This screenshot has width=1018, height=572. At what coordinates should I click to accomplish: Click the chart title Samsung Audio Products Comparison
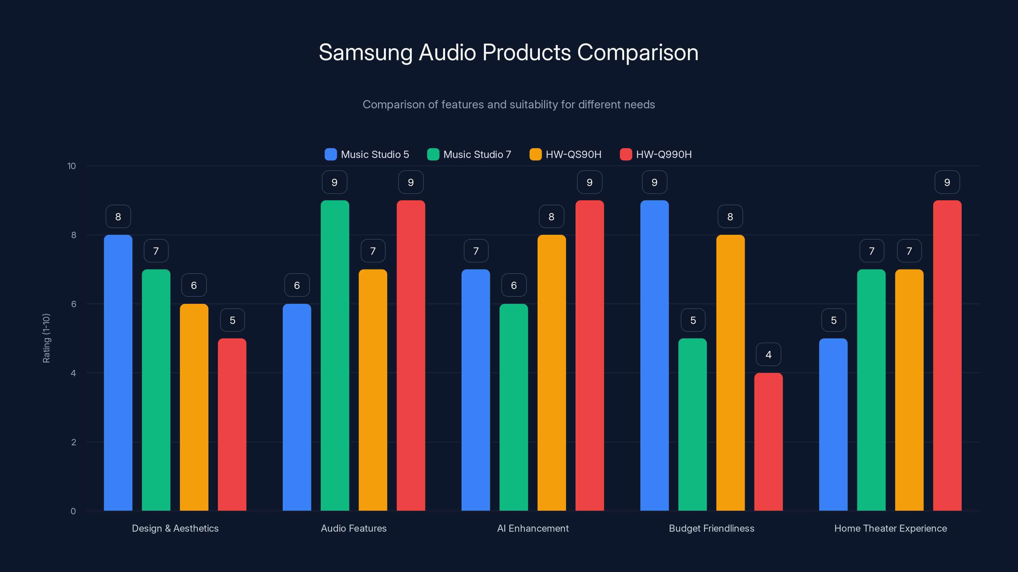coord(509,52)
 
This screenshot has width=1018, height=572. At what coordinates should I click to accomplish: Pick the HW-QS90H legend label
coord(573,154)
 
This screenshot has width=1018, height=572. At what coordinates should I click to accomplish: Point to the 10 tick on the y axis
coord(72,166)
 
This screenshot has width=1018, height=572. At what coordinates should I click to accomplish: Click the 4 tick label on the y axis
coord(73,373)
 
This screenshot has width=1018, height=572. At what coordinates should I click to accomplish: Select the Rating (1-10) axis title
coord(46,338)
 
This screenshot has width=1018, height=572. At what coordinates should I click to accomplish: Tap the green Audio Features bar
coord(335,355)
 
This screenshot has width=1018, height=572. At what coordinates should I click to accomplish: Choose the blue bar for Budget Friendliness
coord(654,355)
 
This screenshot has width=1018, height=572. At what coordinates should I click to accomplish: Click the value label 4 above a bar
coord(768,355)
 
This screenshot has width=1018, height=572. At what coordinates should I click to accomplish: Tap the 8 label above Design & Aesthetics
coord(118,217)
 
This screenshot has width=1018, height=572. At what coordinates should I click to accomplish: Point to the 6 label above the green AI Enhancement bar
coord(514,285)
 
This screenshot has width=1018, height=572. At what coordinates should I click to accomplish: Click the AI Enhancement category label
coord(533,528)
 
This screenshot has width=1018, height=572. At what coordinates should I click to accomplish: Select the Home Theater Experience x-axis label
coord(890,528)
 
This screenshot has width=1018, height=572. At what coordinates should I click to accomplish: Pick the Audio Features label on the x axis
coord(354,528)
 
